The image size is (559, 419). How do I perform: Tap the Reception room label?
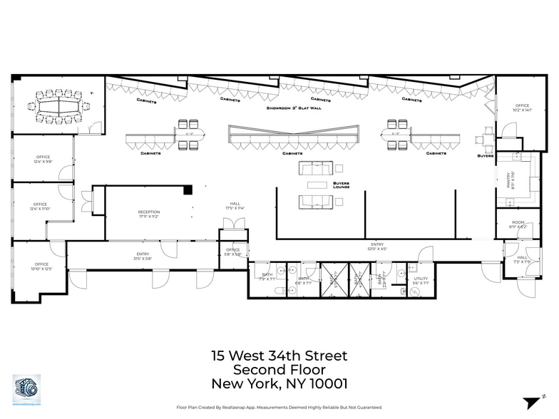(x=149, y=214)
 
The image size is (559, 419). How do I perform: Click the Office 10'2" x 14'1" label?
(x=523, y=108)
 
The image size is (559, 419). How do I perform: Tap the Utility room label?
(x=421, y=281)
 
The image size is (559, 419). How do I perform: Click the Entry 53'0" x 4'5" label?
(x=376, y=247)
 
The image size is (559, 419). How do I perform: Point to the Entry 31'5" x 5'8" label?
(x=143, y=257)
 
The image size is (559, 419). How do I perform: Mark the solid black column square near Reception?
(x=188, y=190)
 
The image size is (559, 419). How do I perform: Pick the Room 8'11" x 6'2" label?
(x=518, y=224)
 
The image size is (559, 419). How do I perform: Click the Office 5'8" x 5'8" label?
(x=232, y=252)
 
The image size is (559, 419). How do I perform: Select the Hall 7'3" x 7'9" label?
(x=522, y=259)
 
